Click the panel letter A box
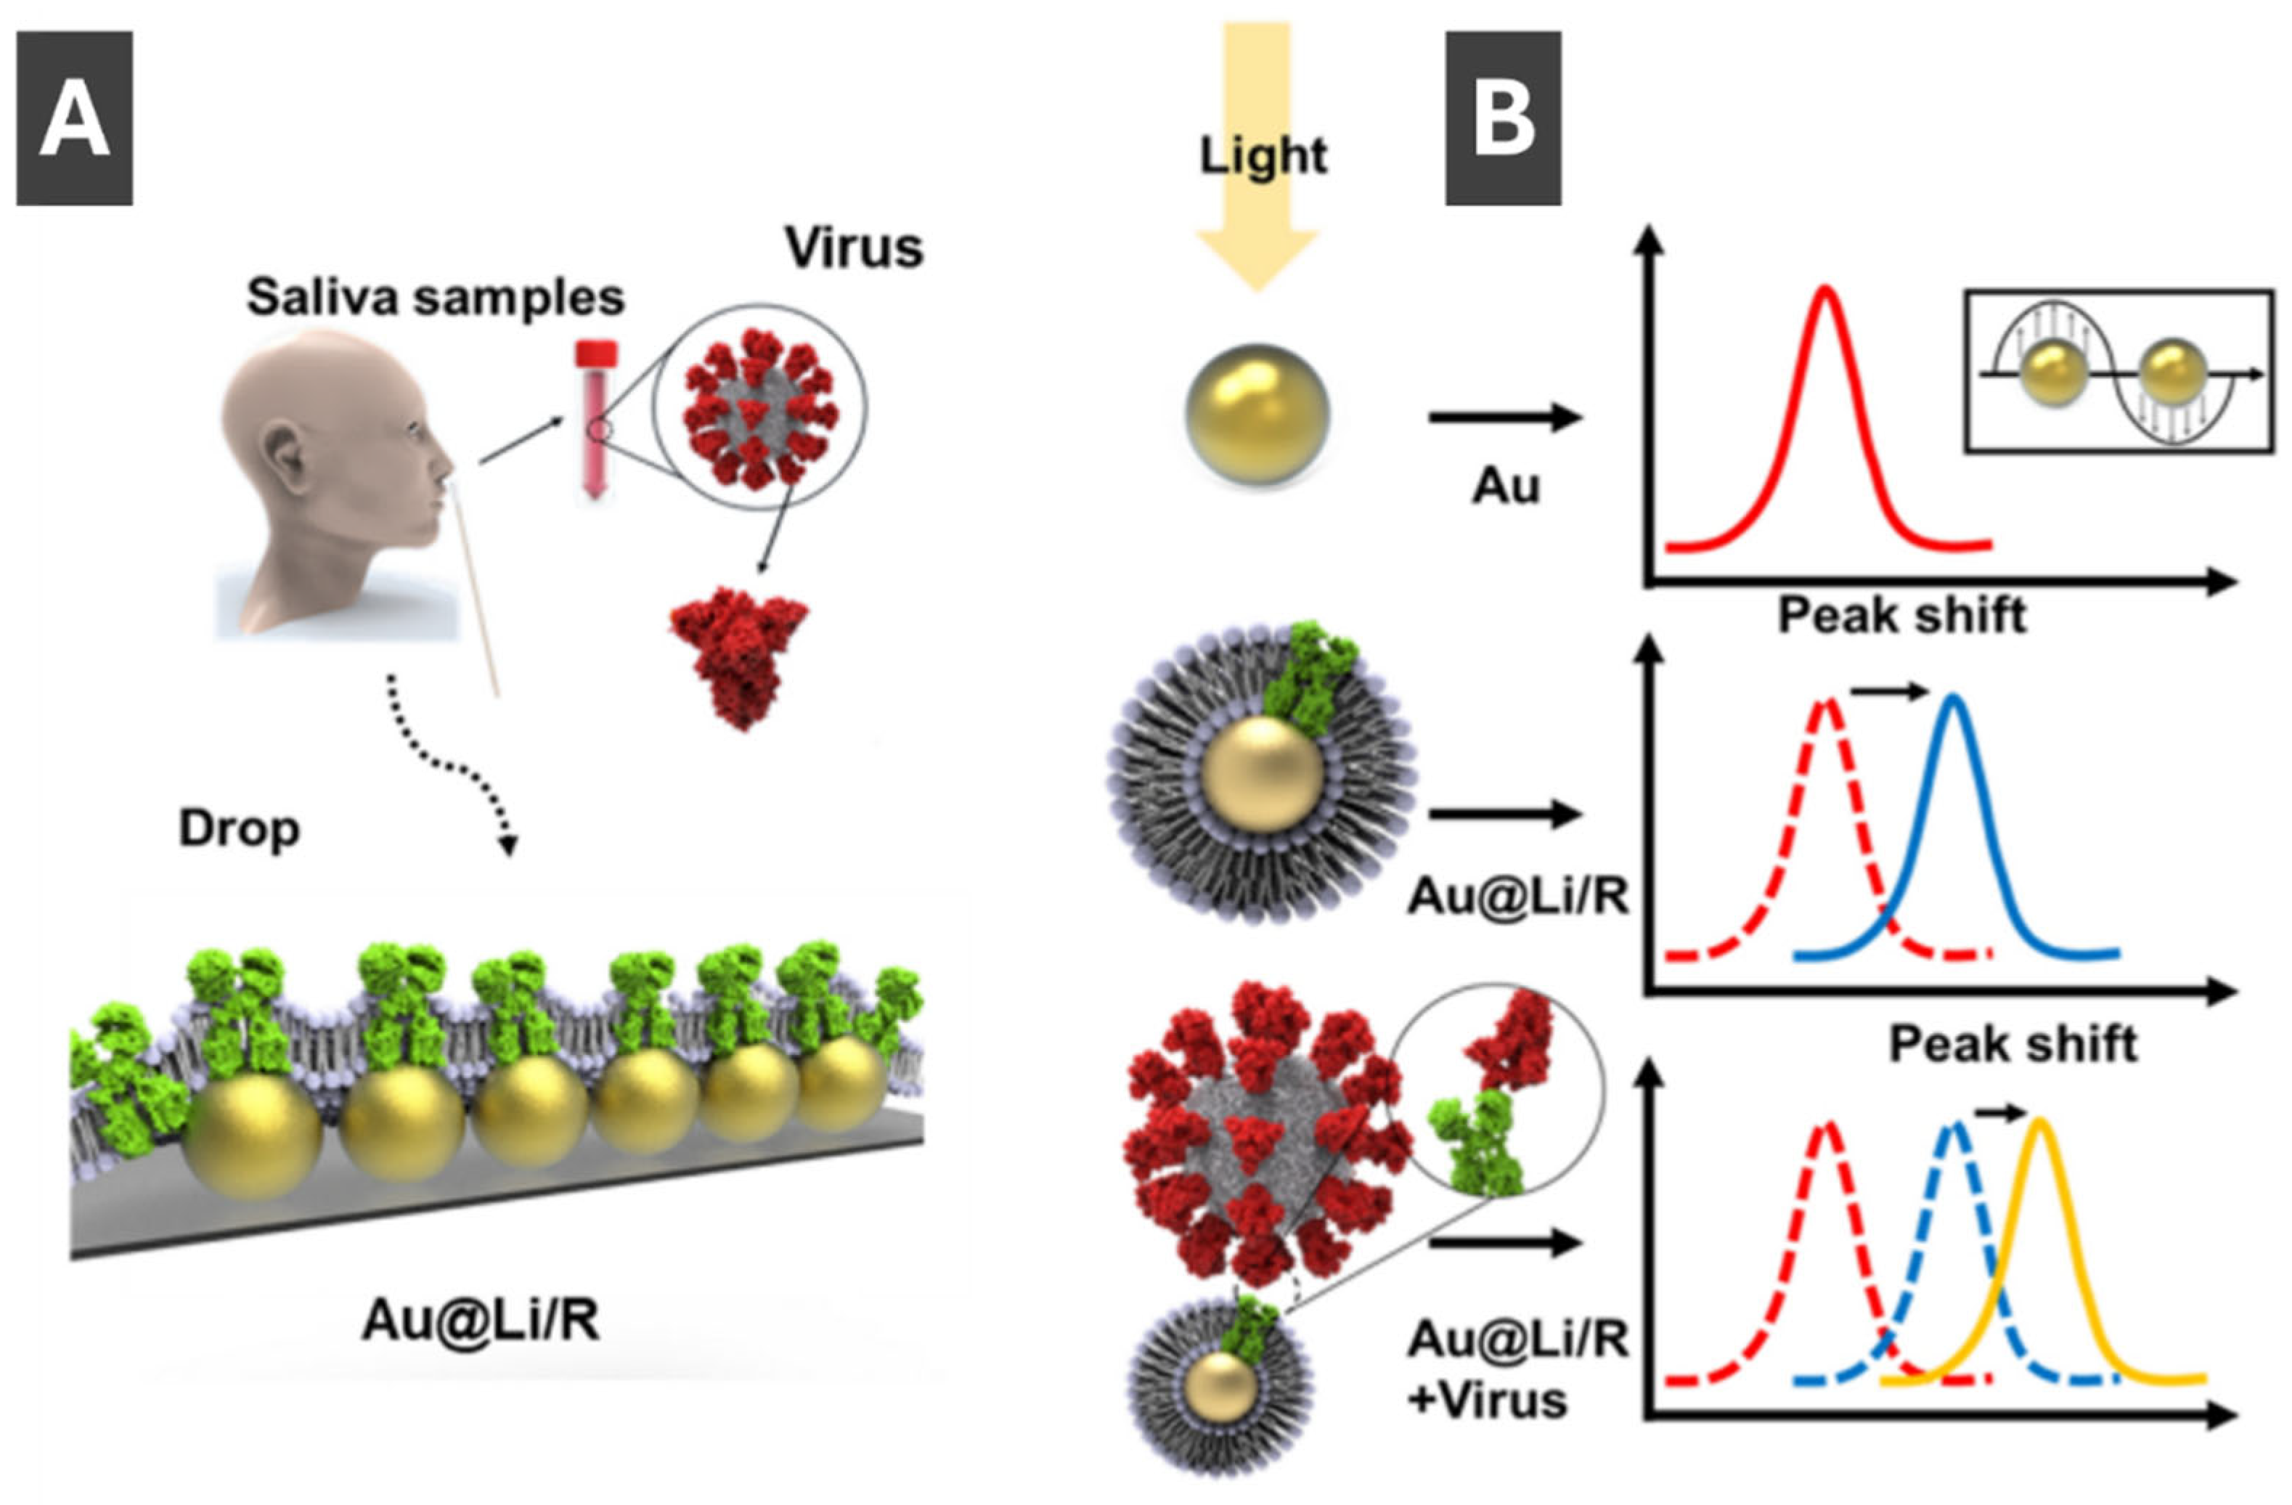tap(74, 118)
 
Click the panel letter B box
tap(1502, 118)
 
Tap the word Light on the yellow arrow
tap(1263, 154)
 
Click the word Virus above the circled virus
tap(855, 248)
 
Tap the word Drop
tap(239, 828)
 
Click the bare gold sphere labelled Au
tap(1257, 414)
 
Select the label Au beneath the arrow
tap(1505, 487)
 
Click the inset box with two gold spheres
tap(2118, 371)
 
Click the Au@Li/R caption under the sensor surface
tap(480, 1321)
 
